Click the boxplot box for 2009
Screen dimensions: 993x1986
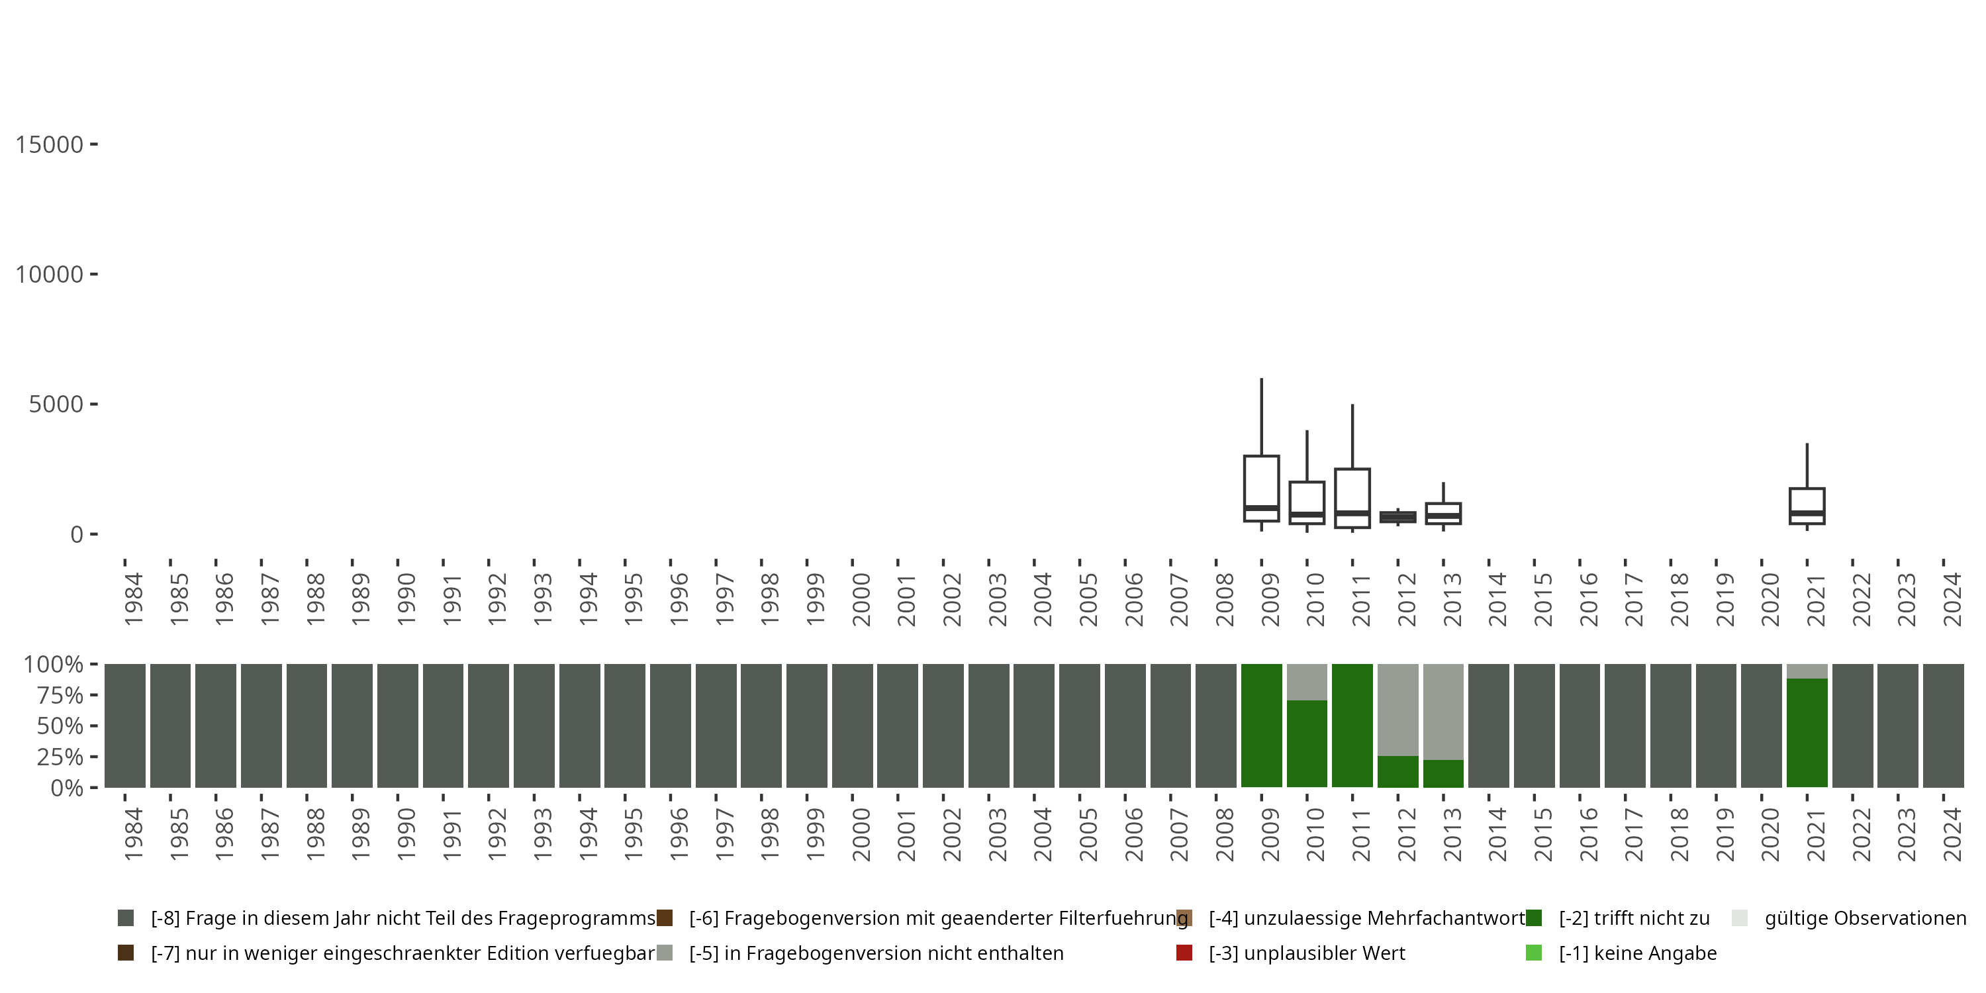tap(1261, 487)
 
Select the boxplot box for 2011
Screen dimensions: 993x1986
tap(1352, 497)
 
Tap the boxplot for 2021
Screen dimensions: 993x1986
tap(1807, 506)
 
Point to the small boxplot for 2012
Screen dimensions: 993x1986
tap(1397, 517)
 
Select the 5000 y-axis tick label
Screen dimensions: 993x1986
tap(56, 404)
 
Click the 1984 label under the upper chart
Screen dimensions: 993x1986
tap(133, 599)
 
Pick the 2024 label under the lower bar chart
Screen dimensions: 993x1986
tap(1952, 834)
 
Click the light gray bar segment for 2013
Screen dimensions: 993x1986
tap(1443, 711)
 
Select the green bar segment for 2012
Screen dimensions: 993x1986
tap(1397, 771)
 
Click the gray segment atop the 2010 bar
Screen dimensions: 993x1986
tap(1307, 682)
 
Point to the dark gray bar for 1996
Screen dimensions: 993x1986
tap(671, 726)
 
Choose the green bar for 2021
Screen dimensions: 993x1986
tap(1807, 732)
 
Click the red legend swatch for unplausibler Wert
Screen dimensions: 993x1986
tap(1184, 953)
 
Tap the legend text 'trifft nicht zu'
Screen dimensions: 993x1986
tap(1634, 918)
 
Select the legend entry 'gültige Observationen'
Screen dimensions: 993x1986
tap(1865, 918)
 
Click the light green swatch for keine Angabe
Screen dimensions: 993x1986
tap(1533, 953)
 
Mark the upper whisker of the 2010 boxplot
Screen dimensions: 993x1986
tap(1307, 455)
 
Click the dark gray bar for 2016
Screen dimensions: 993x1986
tap(1580, 726)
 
